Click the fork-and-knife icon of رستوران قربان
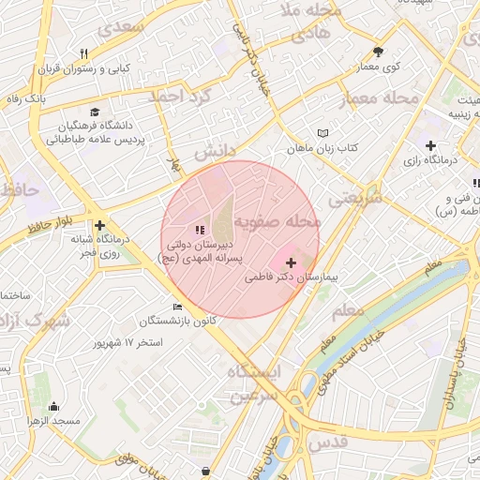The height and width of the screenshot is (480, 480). pos(84,53)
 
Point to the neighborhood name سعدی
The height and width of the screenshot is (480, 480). pos(117,27)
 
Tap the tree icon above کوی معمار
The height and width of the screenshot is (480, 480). pos(379,52)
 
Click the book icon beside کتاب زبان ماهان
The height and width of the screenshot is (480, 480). pos(323,134)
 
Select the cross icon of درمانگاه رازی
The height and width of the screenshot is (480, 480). pos(430,145)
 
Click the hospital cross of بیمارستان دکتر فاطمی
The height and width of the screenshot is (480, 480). pos(292,263)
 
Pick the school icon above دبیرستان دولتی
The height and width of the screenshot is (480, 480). pos(198,229)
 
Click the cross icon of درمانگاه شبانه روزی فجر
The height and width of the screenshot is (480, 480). pos(99,225)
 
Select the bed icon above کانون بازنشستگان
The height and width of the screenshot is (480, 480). pos(178,307)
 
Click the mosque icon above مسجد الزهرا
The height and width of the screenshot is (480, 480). pos(53,406)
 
